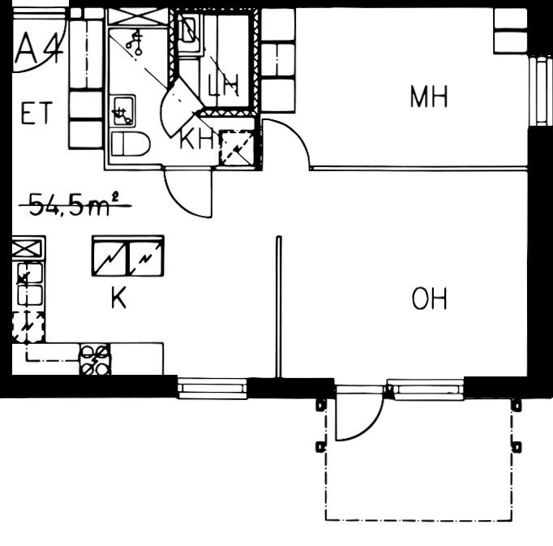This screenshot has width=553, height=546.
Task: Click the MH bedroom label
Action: coord(429,97)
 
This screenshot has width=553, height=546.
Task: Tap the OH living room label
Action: coord(429,299)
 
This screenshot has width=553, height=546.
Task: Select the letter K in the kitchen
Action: coord(118,298)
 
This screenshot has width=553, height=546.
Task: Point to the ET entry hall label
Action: coord(36,113)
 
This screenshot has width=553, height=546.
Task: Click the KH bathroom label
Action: coord(196,139)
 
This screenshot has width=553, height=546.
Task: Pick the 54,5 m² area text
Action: coord(75,204)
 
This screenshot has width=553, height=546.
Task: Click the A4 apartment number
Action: coord(40,49)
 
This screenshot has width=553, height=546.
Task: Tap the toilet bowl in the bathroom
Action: coord(130,144)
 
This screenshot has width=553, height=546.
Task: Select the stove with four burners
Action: coord(95,359)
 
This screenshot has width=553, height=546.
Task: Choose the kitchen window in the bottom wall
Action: coord(212,389)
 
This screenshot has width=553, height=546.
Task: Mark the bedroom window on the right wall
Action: coord(540,91)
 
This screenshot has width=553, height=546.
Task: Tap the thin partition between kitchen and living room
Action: coord(279,307)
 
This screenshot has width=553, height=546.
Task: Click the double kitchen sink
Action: coord(30,284)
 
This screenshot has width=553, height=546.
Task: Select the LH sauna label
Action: coord(223,85)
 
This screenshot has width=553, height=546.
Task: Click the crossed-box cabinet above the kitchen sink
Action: coord(28,248)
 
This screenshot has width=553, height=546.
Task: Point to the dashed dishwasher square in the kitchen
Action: coord(28,327)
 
